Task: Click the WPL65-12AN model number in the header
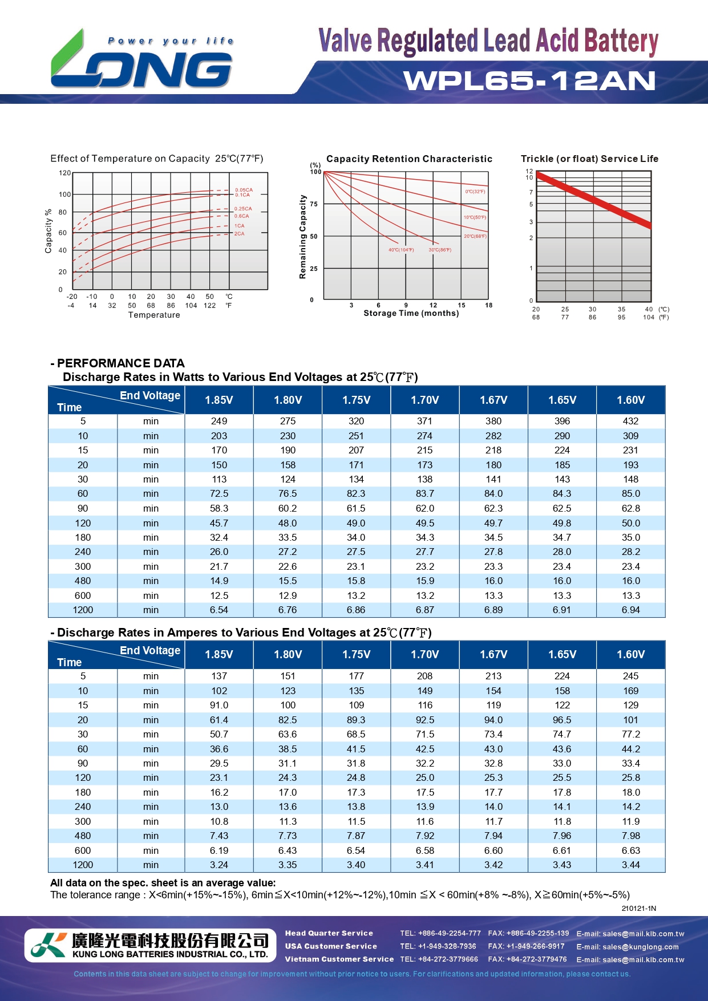529,81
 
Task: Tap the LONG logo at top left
141,62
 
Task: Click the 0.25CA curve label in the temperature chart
243,209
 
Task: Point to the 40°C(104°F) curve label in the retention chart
401,250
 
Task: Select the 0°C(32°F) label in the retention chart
475,192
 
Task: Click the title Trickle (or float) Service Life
589,159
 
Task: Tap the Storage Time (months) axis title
411,313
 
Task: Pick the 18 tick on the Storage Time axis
488,305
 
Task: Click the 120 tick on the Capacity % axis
65,173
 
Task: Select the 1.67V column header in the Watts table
493,400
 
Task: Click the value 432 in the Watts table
630,421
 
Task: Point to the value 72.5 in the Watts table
219,493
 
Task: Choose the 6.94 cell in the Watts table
630,610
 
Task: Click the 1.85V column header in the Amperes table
219,654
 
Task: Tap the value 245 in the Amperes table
630,676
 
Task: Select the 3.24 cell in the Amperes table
219,865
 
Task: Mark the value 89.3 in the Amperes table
356,720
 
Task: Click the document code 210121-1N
638,908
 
